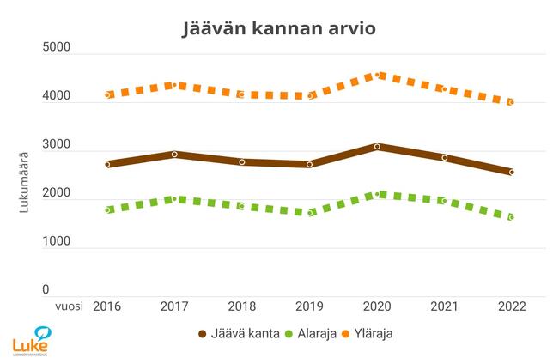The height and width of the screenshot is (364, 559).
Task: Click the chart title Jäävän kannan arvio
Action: point(279,27)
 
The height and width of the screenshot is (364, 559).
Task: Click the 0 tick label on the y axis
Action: point(46,291)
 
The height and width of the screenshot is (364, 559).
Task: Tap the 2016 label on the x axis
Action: point(107,306)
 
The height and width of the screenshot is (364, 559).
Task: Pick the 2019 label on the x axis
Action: point(310,306)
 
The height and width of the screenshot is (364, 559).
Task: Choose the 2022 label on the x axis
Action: point(512,306)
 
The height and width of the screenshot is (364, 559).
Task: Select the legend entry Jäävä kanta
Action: point(238,334)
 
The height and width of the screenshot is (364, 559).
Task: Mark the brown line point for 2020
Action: point(377,147)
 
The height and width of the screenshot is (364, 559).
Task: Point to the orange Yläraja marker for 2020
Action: point(377,76)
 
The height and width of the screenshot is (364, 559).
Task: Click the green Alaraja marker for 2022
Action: point(512,217)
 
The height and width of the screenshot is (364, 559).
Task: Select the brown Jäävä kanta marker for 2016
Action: point(107,164)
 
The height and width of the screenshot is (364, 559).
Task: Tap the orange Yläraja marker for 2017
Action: point(174,85)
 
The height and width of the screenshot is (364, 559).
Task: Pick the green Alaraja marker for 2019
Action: point(310,213)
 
